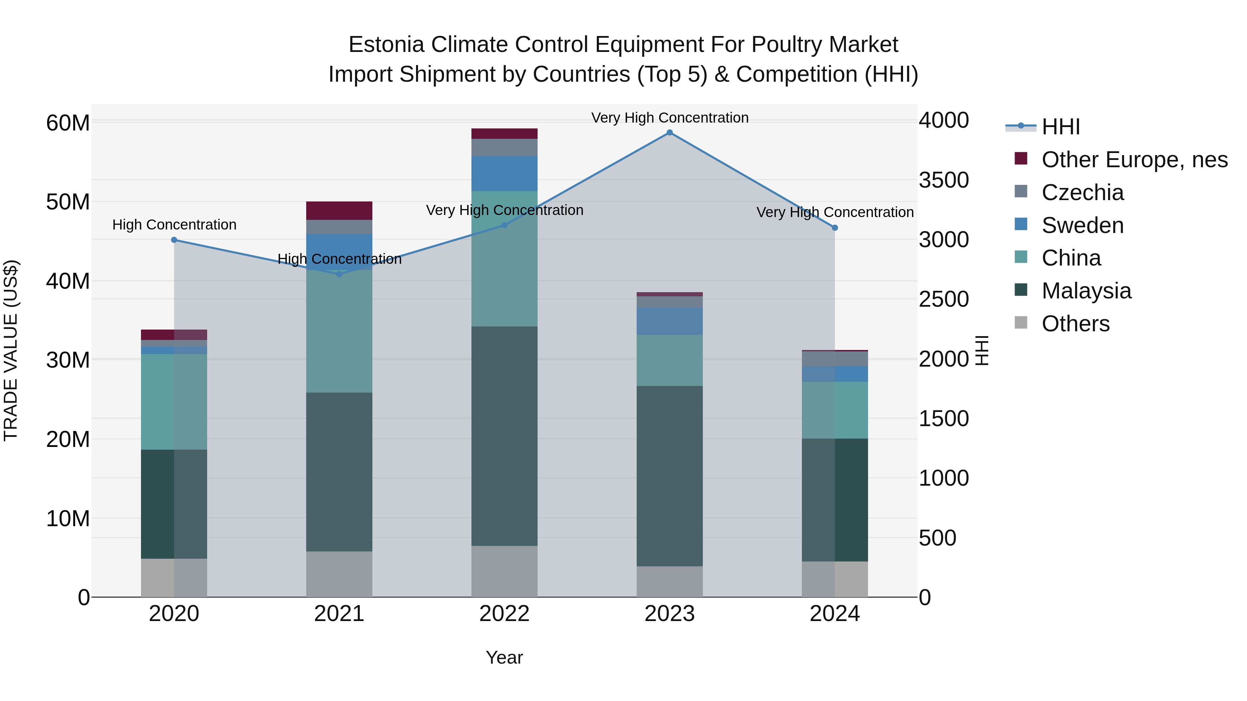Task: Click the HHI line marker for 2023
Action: point(670,133)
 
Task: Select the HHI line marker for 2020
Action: point(174,240)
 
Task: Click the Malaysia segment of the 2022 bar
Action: point(504,435)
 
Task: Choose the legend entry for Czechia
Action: point(1082,192)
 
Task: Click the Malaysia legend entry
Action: point(1086,291)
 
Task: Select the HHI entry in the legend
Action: point(1060,127)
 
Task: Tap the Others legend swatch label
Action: point(1075,324)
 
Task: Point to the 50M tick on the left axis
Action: point(68,202)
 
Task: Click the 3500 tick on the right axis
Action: point(944,180)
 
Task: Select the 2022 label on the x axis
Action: point(504,614)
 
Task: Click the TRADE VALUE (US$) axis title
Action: point(11,350)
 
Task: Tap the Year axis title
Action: point(504,657)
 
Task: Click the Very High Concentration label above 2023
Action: point(670,118)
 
